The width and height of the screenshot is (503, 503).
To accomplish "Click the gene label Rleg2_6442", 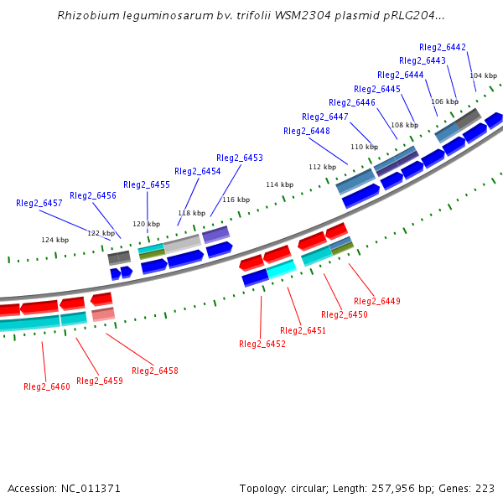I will (x=444, y=47).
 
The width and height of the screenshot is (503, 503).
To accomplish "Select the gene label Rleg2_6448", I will (x=307, y=131).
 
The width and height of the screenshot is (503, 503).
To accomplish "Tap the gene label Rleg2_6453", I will (x=240, y=158).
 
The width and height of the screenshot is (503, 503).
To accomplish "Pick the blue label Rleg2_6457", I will (x=39, y=203).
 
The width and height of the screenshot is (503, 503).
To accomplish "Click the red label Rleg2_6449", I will (x=377, y=301).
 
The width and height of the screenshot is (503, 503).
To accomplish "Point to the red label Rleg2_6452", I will (x=262, y=344).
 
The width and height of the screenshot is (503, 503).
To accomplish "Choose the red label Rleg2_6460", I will (x=47, y=386).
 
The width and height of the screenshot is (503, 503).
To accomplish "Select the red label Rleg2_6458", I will (x=155, y=371).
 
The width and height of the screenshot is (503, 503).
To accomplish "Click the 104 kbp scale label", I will (x=483, y=75).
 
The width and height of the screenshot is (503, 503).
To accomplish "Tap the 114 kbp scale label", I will (x=280, y=184).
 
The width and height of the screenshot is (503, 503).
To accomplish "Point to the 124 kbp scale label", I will (x=54, y=240).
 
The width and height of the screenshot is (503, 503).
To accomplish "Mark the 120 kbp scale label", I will (x=147, y=224).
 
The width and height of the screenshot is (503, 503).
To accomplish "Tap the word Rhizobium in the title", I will (x=86, y=16).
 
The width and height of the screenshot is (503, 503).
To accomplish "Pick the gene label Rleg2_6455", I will (x=147, y=184).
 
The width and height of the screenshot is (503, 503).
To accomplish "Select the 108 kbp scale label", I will (x=404, y=125).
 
